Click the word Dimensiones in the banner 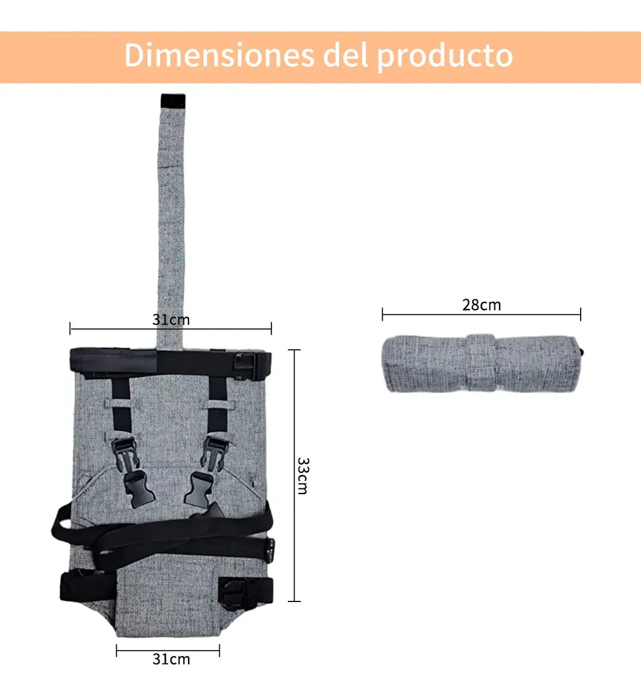219,56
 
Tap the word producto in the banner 445,57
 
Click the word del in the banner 345,55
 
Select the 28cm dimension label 481,305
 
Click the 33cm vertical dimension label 303,476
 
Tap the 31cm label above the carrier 171,320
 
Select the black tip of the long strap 173,101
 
